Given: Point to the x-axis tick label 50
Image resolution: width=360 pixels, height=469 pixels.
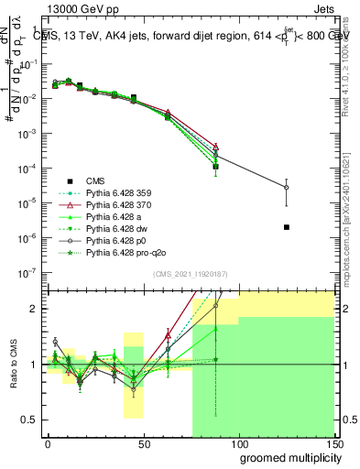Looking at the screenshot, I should coord(143,442).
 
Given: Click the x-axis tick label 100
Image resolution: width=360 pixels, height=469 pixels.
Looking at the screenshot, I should coord(238,442).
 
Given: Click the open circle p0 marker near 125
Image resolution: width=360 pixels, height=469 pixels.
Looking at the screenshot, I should coord(287,187).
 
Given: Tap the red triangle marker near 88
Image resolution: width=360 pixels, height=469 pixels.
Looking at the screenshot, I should coord(215,146).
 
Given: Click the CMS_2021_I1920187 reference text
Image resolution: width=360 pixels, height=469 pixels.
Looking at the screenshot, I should coord(191,275).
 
